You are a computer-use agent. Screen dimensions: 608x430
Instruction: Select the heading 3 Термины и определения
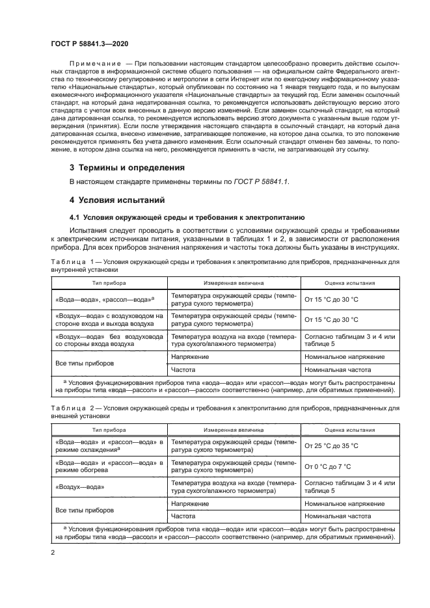126,168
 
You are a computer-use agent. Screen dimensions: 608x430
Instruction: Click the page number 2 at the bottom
53,552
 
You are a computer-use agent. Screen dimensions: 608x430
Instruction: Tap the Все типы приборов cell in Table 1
83,363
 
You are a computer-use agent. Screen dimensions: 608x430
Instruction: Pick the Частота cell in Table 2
184,516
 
